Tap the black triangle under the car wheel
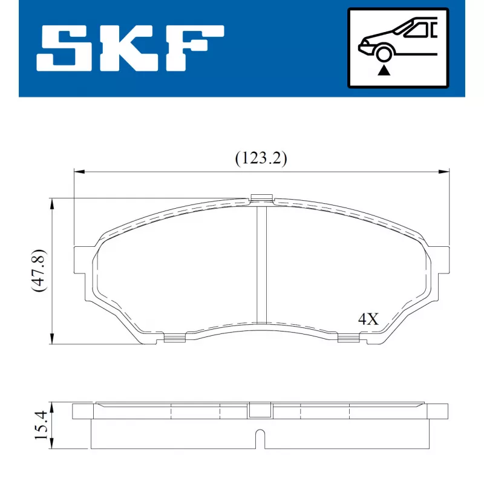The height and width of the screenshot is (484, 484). pos(384,70)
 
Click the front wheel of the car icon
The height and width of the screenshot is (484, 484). pos(383,53)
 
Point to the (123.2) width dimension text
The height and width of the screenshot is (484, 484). pos(261,159)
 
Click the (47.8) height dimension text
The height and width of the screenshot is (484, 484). pos(39,270)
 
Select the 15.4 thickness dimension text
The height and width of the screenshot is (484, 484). pos(41,425)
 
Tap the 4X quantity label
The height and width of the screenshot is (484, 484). pos(368,319)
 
